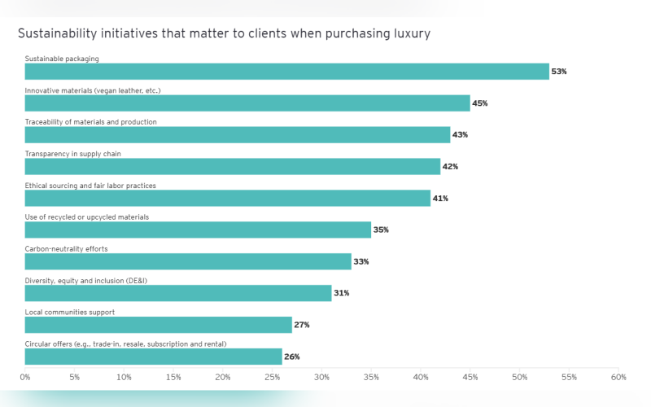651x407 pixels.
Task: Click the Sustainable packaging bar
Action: click(x=286, y=72)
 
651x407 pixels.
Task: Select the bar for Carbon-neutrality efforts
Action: click(x=188, y=261)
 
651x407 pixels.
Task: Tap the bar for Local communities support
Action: click(x=158, y=325)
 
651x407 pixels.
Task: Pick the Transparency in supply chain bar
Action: click(x=232, y=166)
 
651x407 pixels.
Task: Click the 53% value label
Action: click(x=558, y=72)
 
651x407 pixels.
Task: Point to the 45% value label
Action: click(x=479, y=103)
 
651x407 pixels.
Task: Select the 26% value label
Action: click(x=291, y=357)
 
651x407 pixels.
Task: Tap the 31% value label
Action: click(x=341, y=293)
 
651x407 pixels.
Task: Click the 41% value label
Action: click(x=439, y=198)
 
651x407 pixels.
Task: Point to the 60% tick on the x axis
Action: click(x=618, y=378)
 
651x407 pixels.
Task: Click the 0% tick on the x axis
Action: click(x=25, y=378)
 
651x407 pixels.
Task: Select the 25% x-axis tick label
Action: click(x=273, y=378)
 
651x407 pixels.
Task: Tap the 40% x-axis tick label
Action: click(x=421, y=378)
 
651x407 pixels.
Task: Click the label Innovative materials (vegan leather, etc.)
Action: click(x=93, y=90)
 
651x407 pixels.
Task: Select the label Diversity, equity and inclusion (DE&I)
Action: click(x=85, y=281)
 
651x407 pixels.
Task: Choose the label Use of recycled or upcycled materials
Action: click(x=86, y=217)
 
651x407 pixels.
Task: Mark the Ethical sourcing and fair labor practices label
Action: click(x=90, y=186)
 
